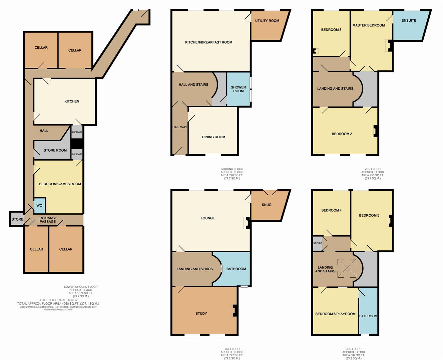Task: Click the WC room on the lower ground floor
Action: click(39, 205)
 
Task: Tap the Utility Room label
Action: click(267, 21)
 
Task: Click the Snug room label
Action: click(267, 205)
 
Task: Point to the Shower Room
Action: click(238, 89)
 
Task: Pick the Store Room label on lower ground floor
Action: click(55, 150)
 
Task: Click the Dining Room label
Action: click(213, 137)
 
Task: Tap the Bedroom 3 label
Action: click(331, 30)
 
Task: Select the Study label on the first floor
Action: click(201, 313)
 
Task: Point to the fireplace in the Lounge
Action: click(247, 223)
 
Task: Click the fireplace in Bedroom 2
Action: click(374, 131)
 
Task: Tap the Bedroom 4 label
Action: click(331, 210)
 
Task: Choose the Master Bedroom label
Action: click(368, 25)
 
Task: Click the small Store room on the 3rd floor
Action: click(317, 243)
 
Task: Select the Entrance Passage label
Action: click(48, 220)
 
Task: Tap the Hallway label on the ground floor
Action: click(180, 127)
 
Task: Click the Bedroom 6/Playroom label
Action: click(335, 314)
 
